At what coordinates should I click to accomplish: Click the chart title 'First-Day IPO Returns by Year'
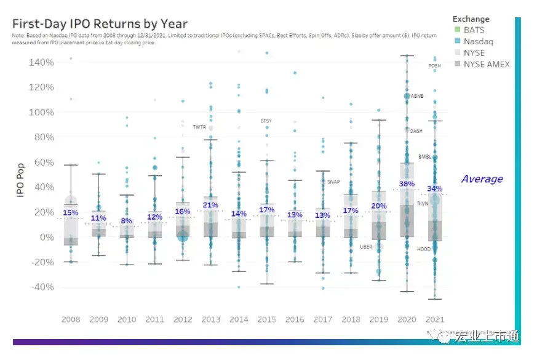[100, 24]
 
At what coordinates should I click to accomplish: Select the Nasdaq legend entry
[478, 42]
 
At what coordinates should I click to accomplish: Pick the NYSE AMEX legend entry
[487, 64]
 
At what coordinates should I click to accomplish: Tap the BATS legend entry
[474, 30]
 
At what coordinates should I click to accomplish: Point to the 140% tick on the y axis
[41, 62]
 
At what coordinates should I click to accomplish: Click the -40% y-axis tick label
[41, 287]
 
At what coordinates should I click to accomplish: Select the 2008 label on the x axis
[71, 320]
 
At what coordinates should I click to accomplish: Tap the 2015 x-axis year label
[266, 320]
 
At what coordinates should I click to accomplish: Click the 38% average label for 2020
[407, 184]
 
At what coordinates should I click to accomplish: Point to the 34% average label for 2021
[434, 188]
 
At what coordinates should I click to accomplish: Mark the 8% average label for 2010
[126, 221]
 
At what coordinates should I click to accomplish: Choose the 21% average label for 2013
[210, 205]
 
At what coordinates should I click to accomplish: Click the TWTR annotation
[199, 127]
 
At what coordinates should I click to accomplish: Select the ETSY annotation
[266, 121]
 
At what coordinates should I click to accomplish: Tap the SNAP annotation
[333, 182]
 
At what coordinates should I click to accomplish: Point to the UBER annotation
[366, 247]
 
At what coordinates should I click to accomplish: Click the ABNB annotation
[416, 96]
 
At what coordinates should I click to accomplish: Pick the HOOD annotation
[424, 249]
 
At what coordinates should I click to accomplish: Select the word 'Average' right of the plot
[482, 179]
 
